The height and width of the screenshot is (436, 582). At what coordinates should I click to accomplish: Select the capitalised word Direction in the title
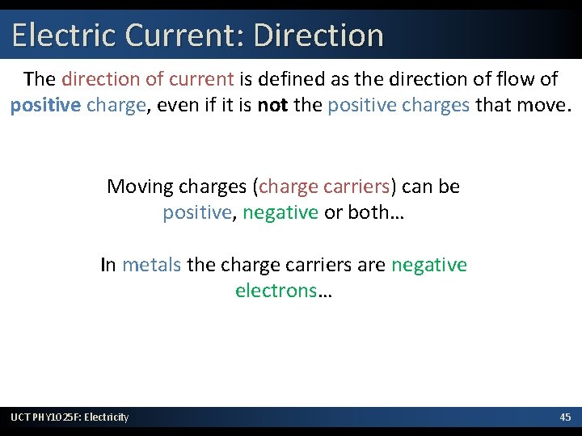[318, 36]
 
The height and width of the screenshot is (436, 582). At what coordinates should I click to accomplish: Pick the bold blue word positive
[44, 105]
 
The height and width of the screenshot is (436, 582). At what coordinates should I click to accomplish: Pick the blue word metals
[151, 265]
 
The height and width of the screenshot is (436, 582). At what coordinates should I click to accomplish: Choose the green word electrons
[275, 291]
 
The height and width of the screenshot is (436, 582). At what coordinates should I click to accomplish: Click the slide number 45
[565, 417]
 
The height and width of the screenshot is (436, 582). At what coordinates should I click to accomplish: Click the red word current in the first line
[205, 79]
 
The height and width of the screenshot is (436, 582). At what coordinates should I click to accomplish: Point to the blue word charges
[443, 105]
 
